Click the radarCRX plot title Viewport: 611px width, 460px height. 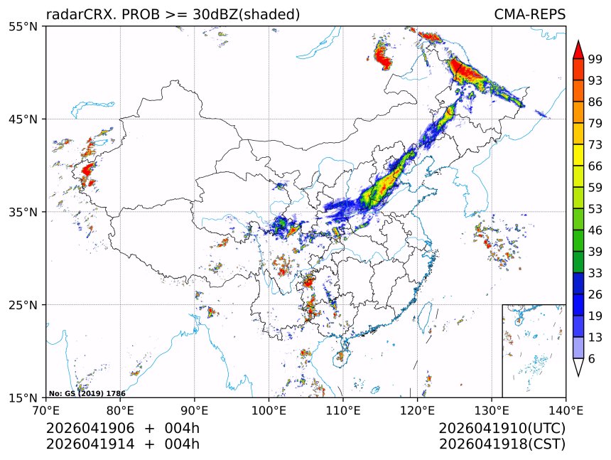(173, 14)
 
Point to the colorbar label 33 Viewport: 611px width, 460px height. (595, 273)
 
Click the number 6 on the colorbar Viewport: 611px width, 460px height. (592, 359)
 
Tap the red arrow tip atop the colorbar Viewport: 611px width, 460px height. (578, 48)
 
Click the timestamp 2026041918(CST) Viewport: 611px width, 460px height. (502, 444)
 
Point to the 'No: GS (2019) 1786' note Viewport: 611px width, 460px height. (87, 393)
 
